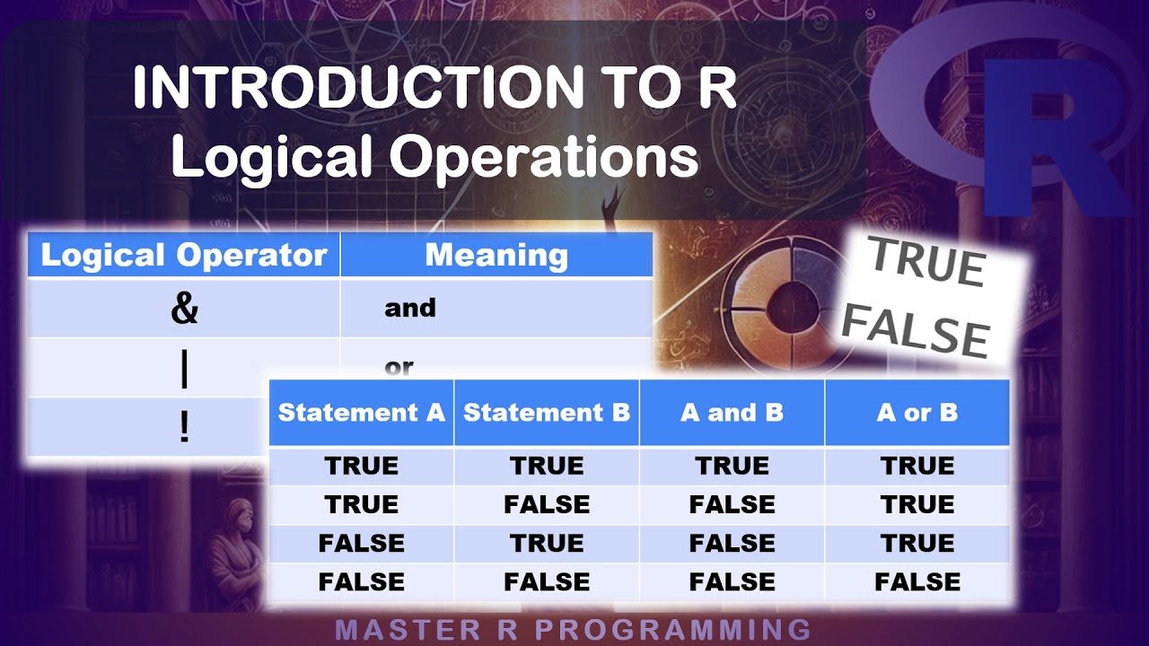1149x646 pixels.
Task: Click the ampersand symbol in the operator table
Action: pos(184,308)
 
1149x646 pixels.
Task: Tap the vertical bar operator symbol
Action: pos(184,370)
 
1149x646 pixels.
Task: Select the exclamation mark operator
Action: pos(184,427)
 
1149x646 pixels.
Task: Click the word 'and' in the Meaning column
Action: pos(410,308)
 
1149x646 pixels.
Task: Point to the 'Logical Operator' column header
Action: pos(184,256)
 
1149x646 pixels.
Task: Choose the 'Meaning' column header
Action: pos(496,256)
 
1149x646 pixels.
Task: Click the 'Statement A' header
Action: pos(362,413)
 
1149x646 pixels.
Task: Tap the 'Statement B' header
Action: pos(547,413)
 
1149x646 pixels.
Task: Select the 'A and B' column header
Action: pos(732,413)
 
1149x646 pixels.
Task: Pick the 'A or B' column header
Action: pos(917,413)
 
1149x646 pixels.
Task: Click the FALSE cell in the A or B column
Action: pos(917,582)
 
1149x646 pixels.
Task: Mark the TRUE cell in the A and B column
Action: pos(732,466)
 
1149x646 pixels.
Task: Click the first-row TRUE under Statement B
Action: pos(547,466)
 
